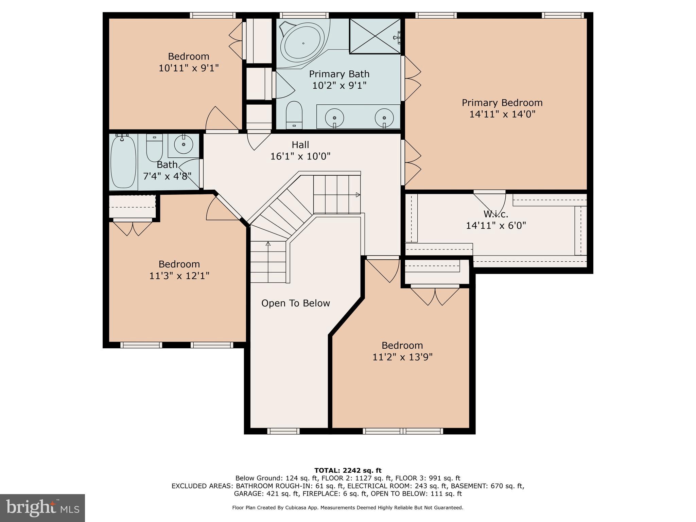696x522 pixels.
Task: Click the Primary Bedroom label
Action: point(502,103)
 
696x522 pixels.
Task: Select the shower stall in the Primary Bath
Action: point(375,36)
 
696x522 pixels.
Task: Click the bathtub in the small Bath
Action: point(123,161)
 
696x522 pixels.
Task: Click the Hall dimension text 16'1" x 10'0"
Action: point(300,156)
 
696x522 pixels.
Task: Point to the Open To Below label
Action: point(295,303)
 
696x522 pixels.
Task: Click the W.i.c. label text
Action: point(496,214)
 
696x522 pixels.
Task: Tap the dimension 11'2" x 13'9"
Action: point(402,357)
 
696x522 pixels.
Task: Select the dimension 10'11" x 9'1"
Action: point(188,68)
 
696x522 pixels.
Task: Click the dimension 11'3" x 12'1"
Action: point(179,276)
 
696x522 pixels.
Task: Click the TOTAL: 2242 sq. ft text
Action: point(348,470)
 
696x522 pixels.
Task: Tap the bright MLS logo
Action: point(42,508)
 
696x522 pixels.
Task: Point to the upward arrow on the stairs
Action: point(268,244)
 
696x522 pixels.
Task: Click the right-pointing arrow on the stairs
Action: point(358,195)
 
